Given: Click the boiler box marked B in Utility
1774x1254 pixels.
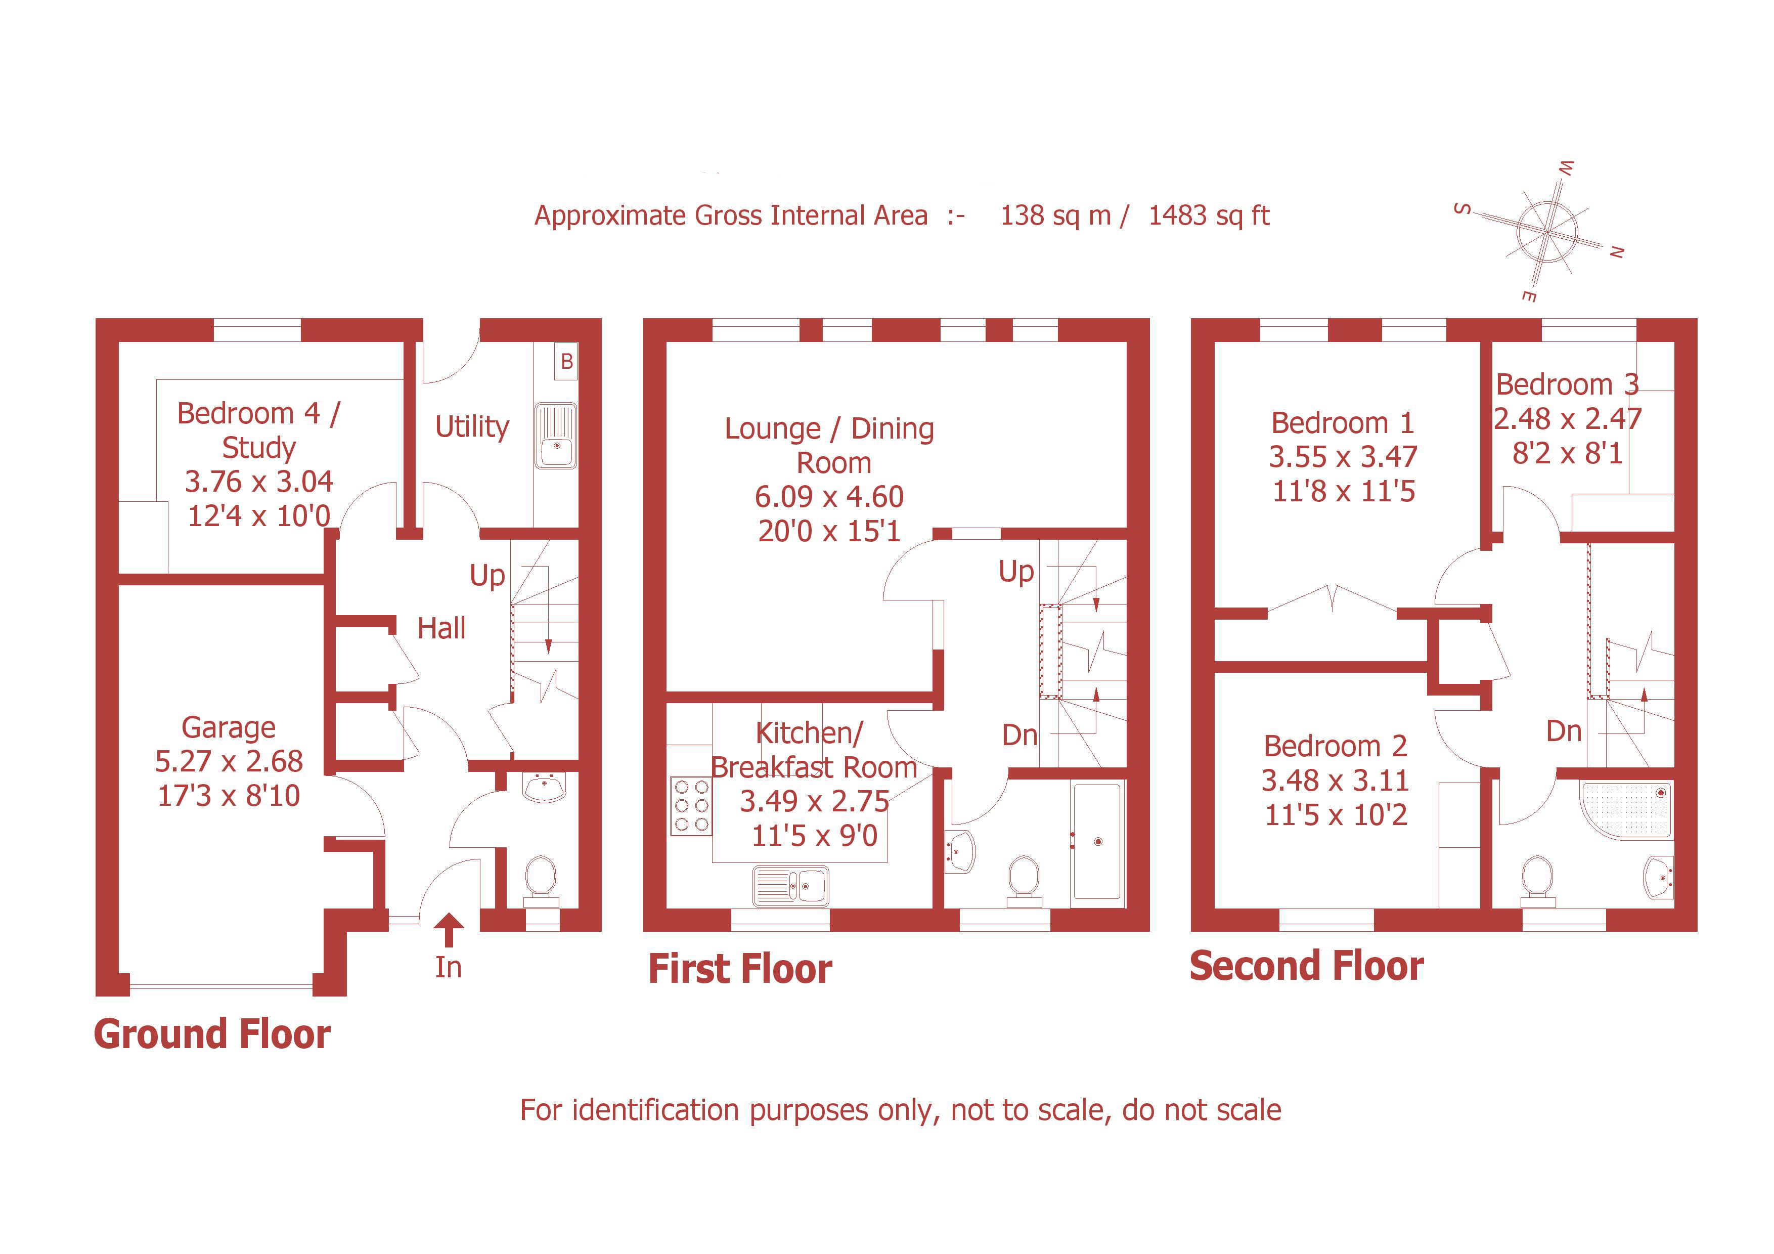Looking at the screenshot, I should [x=566, y=362].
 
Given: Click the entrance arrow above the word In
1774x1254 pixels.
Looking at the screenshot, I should [x=448, y=929].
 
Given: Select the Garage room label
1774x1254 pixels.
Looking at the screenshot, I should [x=228, y=727].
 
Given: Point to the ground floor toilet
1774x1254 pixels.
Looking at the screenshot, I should [x=541, y=880].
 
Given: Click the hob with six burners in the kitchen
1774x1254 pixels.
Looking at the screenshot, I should [x=691, y=806].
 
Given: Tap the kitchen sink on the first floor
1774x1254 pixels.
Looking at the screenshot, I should [x=790, y=885].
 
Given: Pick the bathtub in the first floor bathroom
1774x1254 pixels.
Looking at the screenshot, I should [x=1097, y=841].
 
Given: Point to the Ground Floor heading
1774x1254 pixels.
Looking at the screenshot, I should [x=212, y=1034].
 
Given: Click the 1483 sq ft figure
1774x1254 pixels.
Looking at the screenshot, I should [x=1209, y=215].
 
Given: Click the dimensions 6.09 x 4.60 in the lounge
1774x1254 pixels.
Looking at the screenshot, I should [x=829, y=497].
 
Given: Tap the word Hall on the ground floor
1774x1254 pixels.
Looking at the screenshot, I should [x=441, y=628].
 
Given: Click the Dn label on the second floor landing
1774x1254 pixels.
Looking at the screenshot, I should [x=1563, y=731].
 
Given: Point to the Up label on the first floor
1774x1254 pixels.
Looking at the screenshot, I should [x=1016, y=572].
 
